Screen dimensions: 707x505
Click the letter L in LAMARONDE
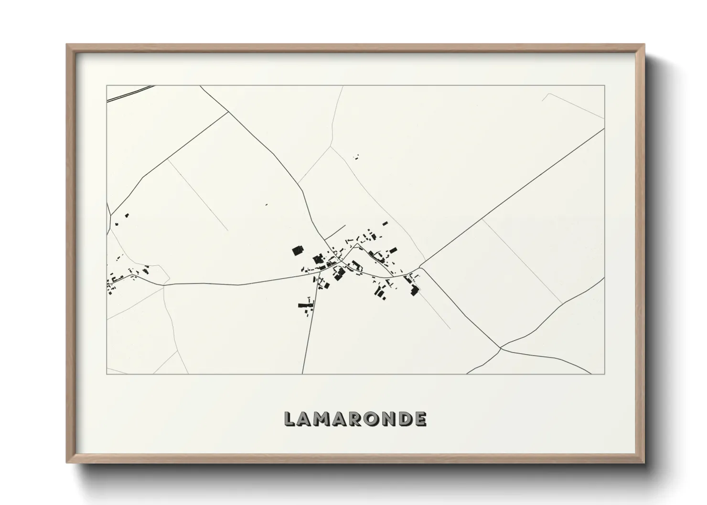[x=290, y=419]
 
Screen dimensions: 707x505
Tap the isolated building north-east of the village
[x=355, y=156]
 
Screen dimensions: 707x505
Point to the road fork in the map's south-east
[x=501, y=348]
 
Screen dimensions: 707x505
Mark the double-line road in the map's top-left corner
[x=129, y=93]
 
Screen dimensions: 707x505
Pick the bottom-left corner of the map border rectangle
[x=107, y=374]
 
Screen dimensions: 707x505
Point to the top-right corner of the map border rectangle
[x=604, y=85]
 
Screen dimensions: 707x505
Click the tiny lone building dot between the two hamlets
[x=267, y=204]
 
